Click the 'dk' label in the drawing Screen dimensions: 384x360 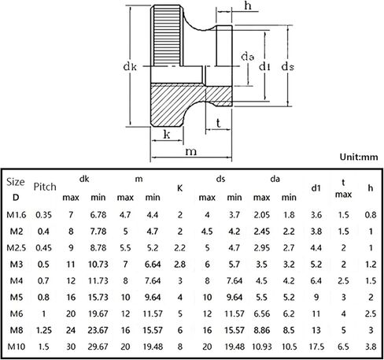[x=130, y=67]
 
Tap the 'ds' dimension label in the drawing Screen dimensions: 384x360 [x=288, y=67]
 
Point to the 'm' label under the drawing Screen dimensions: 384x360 [x=191, y=152]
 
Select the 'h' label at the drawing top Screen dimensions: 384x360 [x=248, y=6]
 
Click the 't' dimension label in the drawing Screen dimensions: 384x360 [x=218, y=123]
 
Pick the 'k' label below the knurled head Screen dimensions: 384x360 [x=167, y=134]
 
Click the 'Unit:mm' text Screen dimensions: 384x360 [x=359, y=157]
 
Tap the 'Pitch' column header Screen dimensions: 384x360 [x=45, y=187]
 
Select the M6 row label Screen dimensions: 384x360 [x=17, y=314]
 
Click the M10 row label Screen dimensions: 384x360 [x=17, y=347]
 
